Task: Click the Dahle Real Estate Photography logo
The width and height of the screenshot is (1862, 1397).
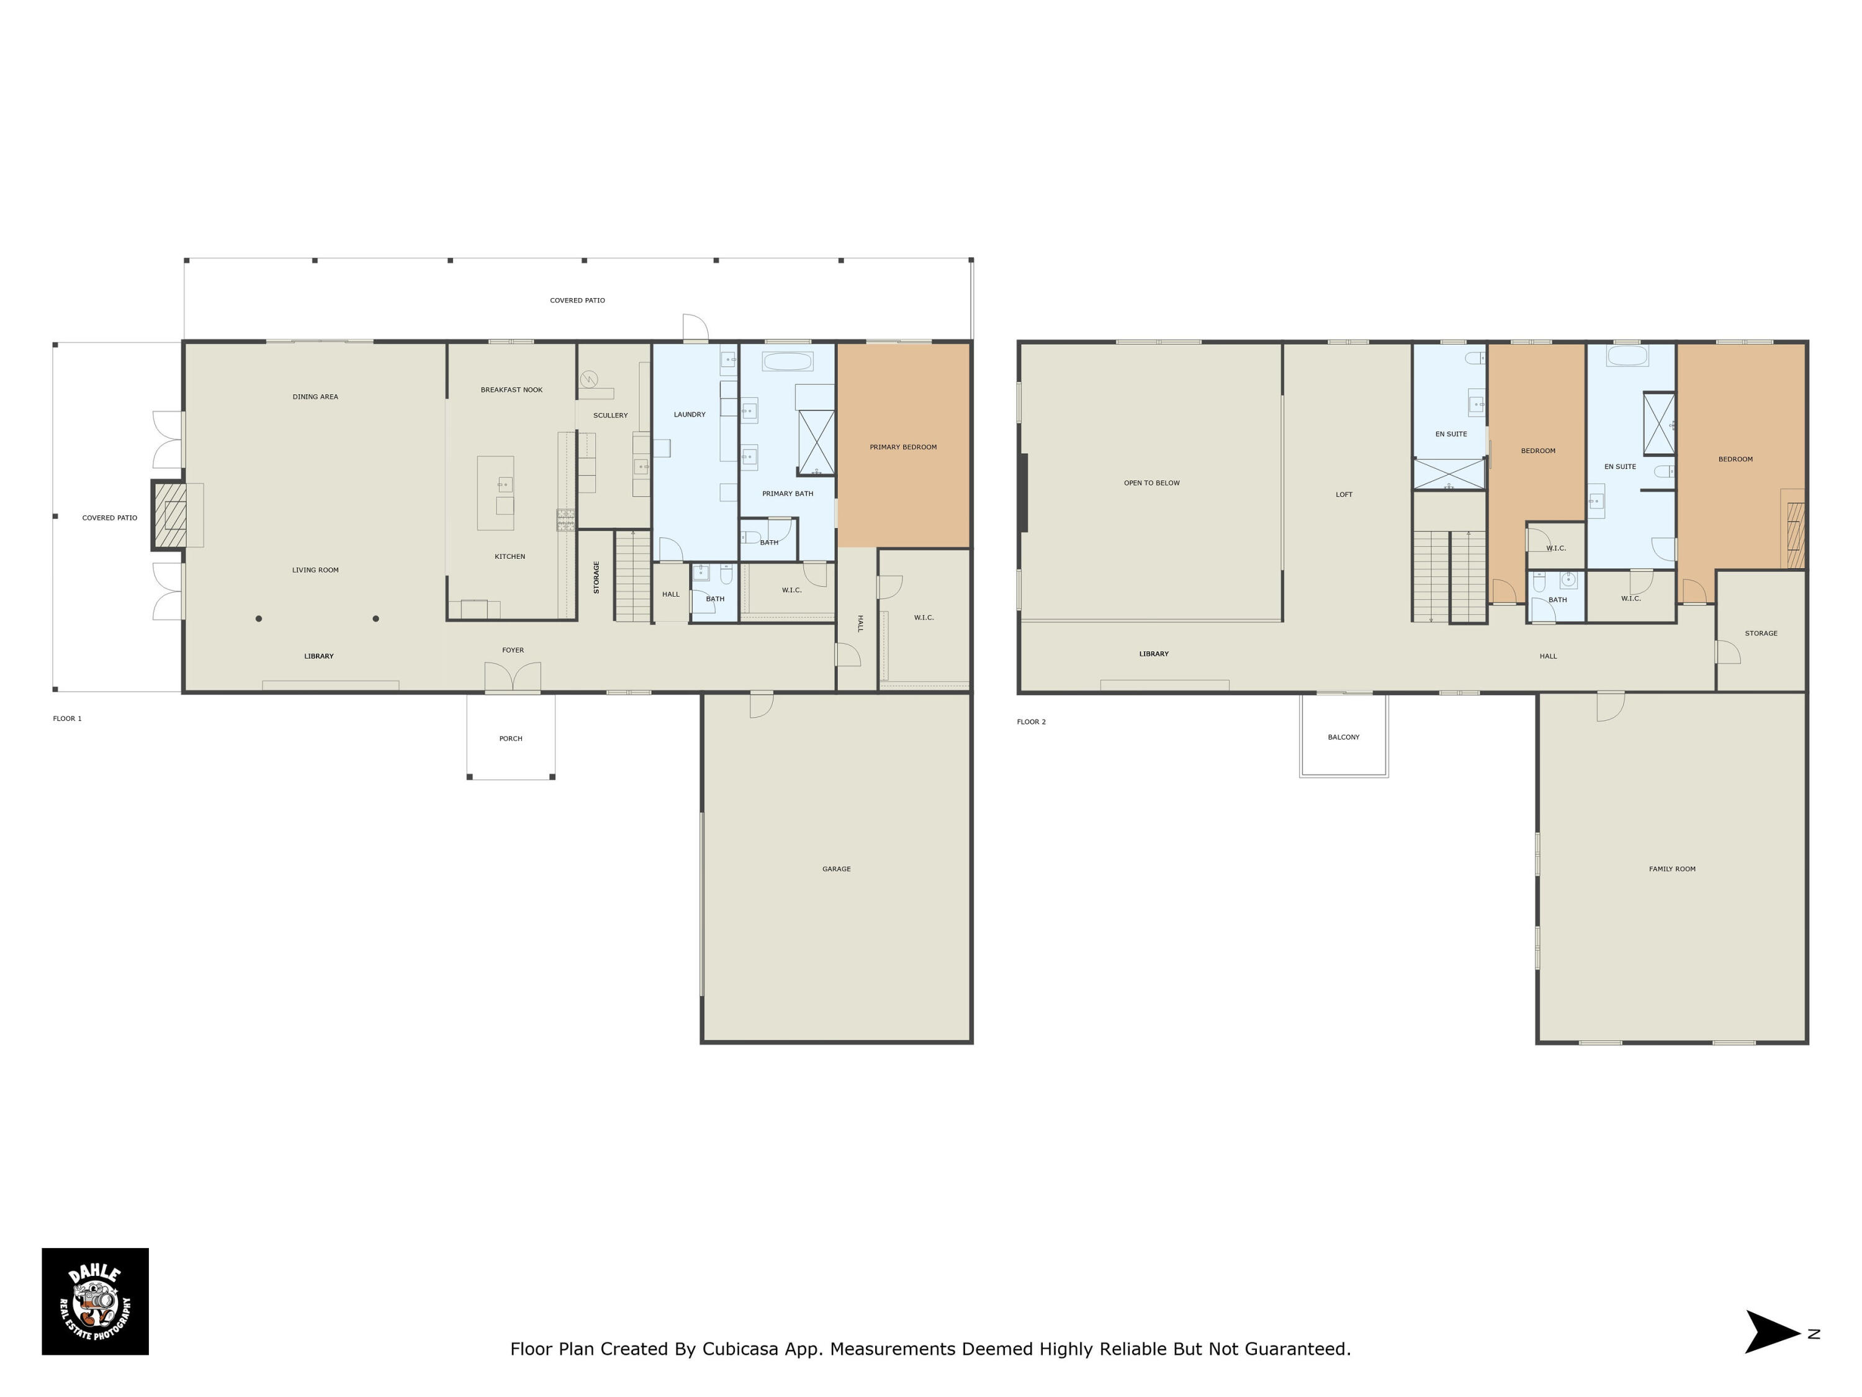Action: [x=95, y=1301]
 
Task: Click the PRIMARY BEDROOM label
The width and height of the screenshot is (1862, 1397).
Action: [x=903, y=447]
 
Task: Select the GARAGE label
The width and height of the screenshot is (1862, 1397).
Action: [x=837, y=869]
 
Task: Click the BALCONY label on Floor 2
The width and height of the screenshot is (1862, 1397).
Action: [x=1344, y=737]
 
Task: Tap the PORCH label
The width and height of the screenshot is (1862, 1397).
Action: [x=511, y=738]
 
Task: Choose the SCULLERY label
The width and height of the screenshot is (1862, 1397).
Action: [x=610, y=415]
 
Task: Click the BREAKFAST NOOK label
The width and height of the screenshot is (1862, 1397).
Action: [x=512, y=390]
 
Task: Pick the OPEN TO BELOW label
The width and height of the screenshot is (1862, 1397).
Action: [x=1151, y=483]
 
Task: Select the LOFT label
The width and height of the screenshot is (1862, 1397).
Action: [x=1344, y=494]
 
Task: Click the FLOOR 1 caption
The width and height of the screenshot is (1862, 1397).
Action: [x=67, y=718]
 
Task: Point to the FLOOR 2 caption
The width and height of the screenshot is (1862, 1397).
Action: [x=1031, y=721]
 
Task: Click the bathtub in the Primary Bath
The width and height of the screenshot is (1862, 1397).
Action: [x=787, y=361]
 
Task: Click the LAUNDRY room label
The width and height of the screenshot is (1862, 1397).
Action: [x=690, y=414]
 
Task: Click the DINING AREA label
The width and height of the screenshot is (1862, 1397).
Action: [x=316, y=397]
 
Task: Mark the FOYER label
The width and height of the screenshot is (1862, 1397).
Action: [x=513, y=650]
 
